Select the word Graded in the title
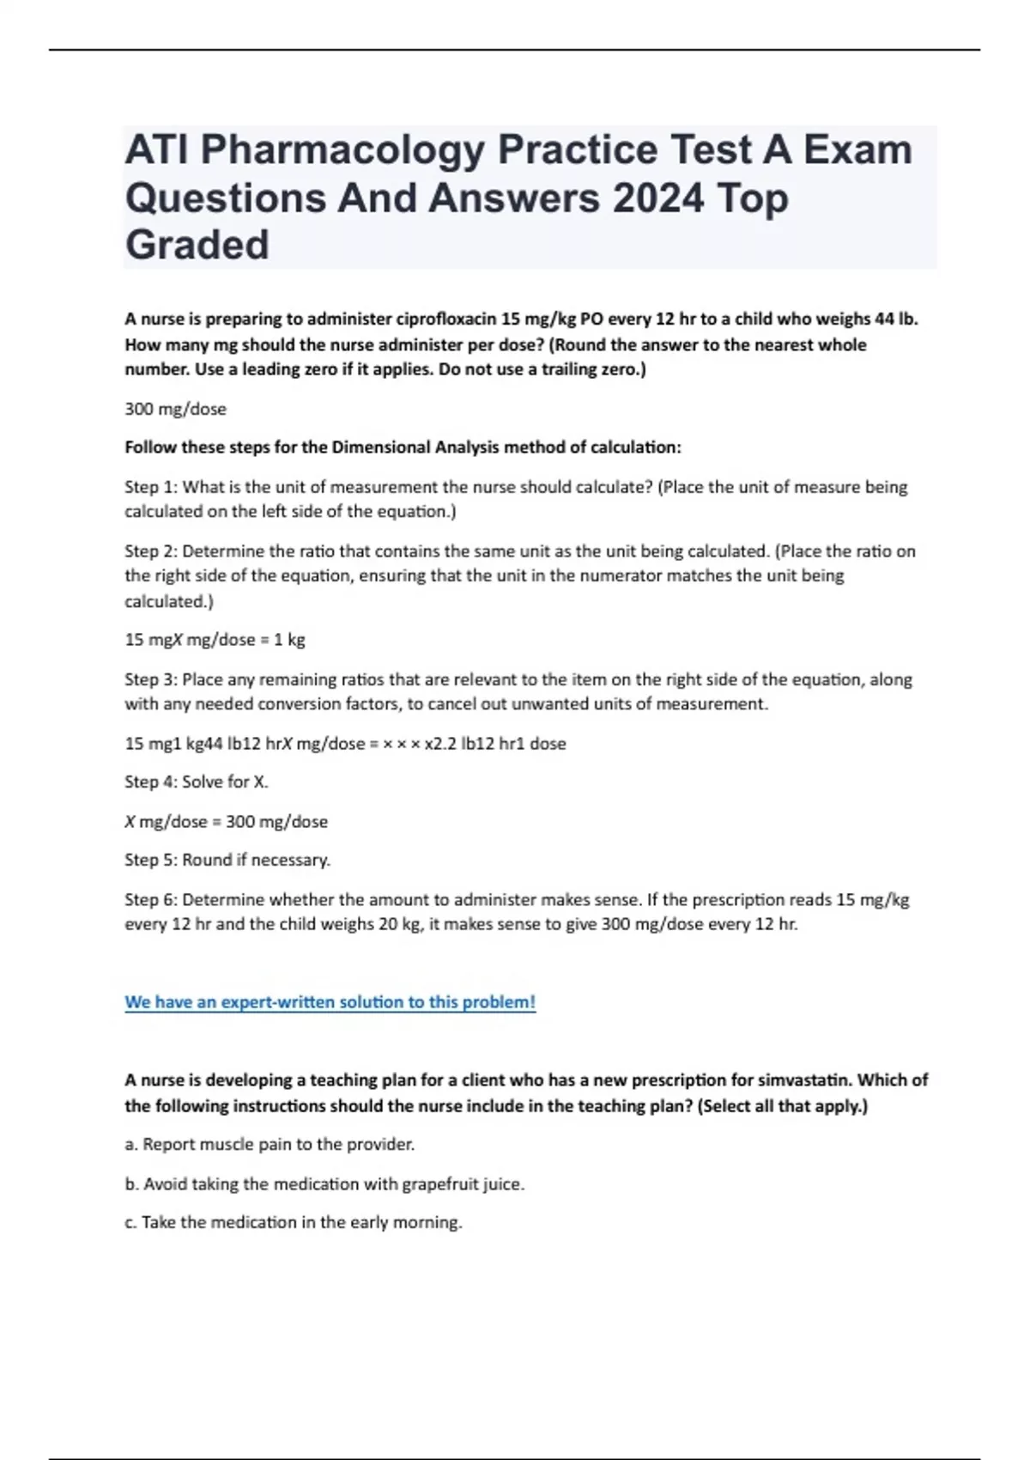click(197, 245)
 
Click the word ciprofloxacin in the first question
click(445, 319)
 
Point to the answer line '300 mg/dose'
click(176, 409)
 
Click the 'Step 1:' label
click(151, 487)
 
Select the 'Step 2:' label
click(151, 551)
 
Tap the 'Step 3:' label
click(151, 679)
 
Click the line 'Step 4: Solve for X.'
click(197, 782)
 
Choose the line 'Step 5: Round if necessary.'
click(227, 860)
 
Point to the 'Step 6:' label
click(151, 900)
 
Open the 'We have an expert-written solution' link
click(330, 1002)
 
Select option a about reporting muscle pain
click(270, 1145)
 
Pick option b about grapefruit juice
click(324, 1184)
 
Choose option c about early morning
click(294, 1222)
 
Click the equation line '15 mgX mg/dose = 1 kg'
click(215, 640)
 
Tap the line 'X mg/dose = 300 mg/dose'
click(227, 822)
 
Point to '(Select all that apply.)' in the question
click(783, 1106)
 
